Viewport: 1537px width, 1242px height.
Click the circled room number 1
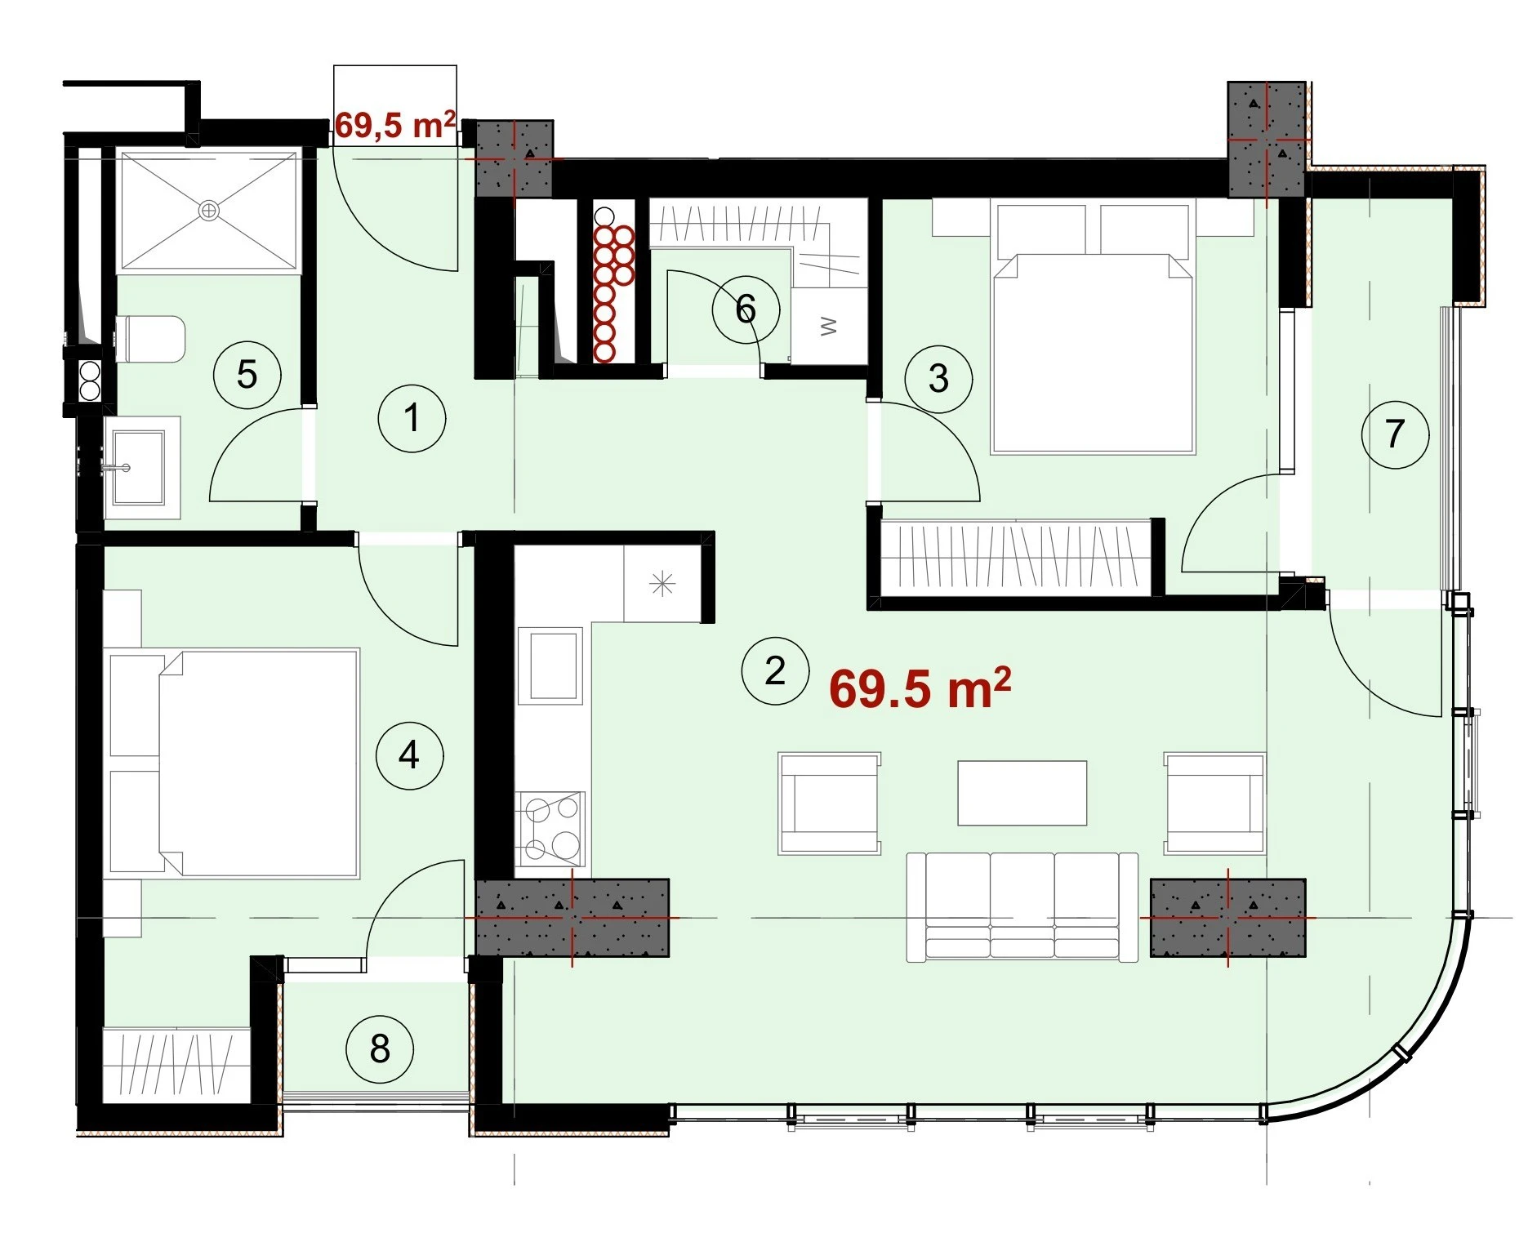(x=412, y=418)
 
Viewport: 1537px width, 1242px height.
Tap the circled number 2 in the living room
(x=775, y=670)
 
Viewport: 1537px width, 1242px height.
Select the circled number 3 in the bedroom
(x=938, y=378)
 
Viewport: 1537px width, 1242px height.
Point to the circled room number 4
(x=409, y=755)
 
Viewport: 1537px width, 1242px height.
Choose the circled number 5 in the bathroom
(x=247, y=375)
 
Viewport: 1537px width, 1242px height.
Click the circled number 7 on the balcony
(x=1395, y=434)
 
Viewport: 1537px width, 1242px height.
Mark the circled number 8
(x=380, y=1049)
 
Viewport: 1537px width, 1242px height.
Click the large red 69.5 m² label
(x=920, y=688)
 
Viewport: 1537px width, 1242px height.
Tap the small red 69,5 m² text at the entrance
(x=395, y=125)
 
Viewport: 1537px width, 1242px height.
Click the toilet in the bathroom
(x=151, y=340)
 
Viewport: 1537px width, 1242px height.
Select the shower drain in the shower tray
(x=209, y=211)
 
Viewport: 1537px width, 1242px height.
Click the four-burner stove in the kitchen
(x=550, y=829)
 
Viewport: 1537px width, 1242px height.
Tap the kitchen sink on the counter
(x=550, y=666)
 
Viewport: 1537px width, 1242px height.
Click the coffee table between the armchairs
(x=1022, y=793)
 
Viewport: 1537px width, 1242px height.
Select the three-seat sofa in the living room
(x=1022, y=906)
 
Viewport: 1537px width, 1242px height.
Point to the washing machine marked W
(x=829, y=326)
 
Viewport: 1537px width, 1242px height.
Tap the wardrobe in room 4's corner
(x=176, y=1064)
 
